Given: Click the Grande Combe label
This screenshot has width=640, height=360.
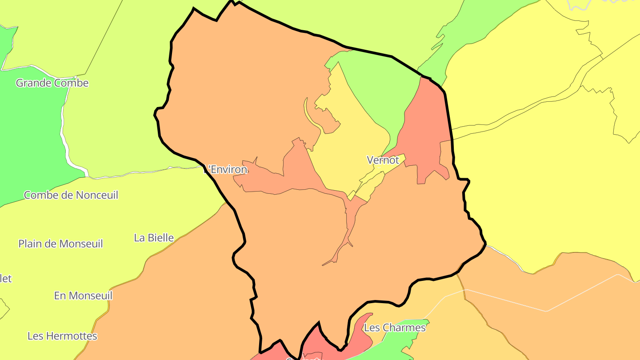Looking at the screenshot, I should pos(52,83).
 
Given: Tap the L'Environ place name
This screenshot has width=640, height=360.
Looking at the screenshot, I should pos(226,170).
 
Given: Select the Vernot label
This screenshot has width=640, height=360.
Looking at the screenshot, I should pos(383,160).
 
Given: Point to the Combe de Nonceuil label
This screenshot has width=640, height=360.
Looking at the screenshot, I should pos(71,195).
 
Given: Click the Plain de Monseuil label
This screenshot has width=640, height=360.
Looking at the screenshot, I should pos(60,244).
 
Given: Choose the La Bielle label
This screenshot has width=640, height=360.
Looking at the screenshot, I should pos(154,238).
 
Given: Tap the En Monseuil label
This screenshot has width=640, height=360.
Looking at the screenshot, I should pos(83,296).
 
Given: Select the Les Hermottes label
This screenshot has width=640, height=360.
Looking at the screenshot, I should pos(62,336).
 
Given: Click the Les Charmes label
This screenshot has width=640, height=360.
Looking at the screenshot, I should pos(395,328).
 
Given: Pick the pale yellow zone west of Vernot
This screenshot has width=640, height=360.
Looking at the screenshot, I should pos(351,142).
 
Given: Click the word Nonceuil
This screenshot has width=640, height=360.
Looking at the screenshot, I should pos(97,195).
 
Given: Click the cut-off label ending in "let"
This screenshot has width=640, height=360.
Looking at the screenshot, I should pos(5,279).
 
